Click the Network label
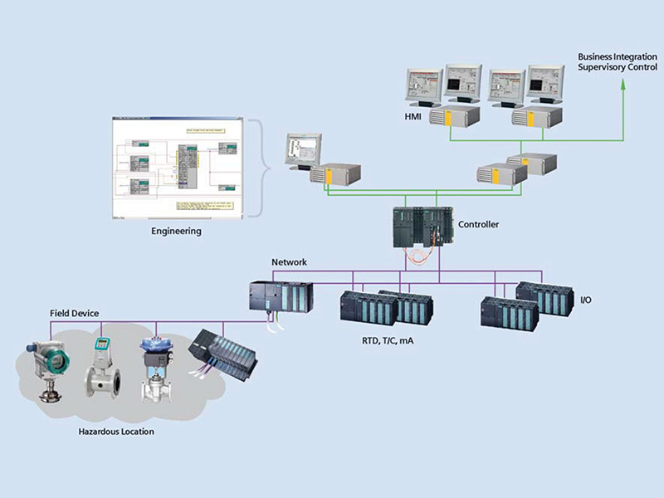289,262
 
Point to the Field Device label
73,313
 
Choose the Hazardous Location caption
116,432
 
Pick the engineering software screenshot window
175,168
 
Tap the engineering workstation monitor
300,150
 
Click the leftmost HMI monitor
423,85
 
